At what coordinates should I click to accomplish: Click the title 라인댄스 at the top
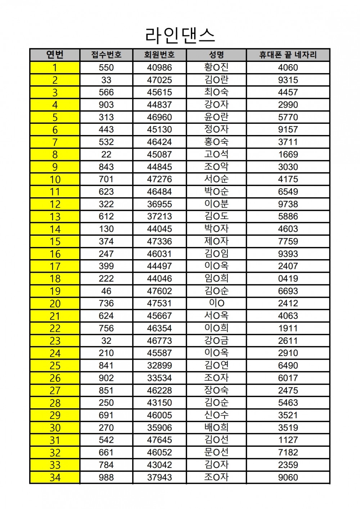[180, 35]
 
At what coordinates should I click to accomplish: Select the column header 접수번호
[106, 55]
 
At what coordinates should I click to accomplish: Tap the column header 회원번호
[159, 55]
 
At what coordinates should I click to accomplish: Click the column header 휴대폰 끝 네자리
[288, 55]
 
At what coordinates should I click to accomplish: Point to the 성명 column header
[216, 55]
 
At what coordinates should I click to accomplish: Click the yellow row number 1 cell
[55, 68]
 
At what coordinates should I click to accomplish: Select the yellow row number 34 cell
[55, 477]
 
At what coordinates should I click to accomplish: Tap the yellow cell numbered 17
[55, 266]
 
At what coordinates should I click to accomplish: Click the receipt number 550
[106, 68]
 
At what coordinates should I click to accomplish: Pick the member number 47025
[159, 80]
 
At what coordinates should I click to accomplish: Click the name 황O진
[216, 67]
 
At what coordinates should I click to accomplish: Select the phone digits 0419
[288, 279]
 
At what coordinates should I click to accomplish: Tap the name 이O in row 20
[216, 303]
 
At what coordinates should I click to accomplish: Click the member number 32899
[159, 366]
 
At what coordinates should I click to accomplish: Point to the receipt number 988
[106, 477]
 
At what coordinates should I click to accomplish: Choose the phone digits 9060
[288, 477]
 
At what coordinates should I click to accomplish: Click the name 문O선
[216, 452]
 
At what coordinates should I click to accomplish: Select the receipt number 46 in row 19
[106, 291]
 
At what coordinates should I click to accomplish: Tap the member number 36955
[159, 204]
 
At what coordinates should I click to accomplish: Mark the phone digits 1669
[288, 154]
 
